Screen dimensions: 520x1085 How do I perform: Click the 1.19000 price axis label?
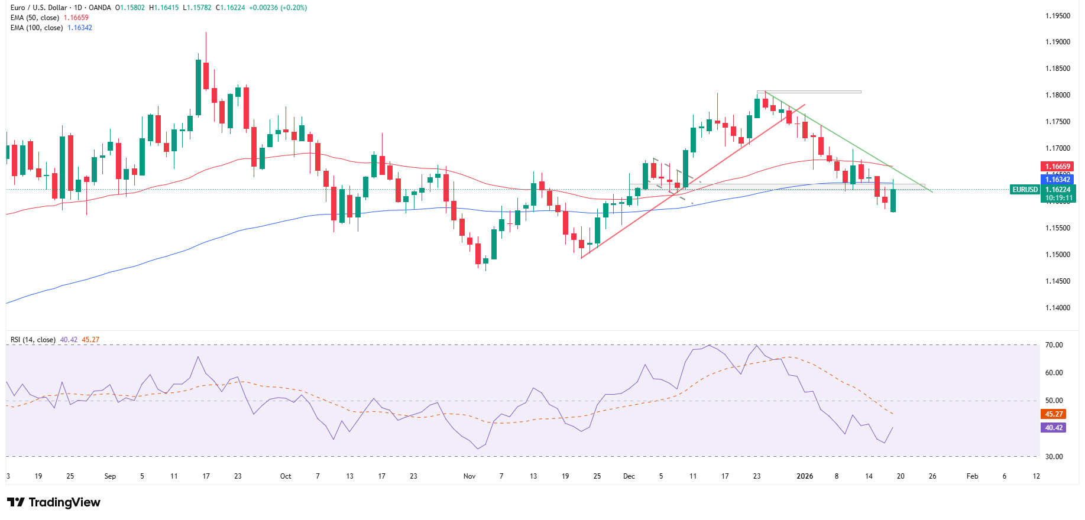pyautogui.click(x=1057, y=42)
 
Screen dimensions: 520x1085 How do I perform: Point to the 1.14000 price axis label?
pyautogui.click(x=1057, y=308)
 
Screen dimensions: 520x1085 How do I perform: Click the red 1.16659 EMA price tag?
pyautogui.click(x=1057, y=167)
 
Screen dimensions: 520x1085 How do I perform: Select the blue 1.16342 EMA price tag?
pyautogui.click(x=1057, y=180)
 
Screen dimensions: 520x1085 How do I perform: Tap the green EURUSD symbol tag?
pyautogui.click(x=1025, y=190)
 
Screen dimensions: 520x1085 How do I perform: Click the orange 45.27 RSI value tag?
pyautogui.click(x=1054, y=414)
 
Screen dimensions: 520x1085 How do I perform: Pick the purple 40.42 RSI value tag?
pyautogui.click(x=1054, y=428)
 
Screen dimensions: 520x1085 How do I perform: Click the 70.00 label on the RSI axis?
pyautogui.click(x=1054, y=345)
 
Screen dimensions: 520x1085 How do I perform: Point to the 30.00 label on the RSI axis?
pyautogui.click(x=1054, y=457)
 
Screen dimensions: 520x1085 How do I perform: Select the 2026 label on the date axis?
pyautogui.click(x=805, y=476)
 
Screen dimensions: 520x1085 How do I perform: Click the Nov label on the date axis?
pyautogui.click(x=469, y=476)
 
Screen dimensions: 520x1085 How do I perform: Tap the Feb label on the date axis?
pyautogui.click(x=972, y=476)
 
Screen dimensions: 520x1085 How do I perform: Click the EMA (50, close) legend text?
pyautogui.click(x=35, y=18)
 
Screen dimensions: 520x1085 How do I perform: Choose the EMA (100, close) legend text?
pyautogui.click(x=37, y=28)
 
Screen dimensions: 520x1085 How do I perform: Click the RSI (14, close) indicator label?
pyautogui.click(x=33, y=340)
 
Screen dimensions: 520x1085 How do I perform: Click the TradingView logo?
pyautogui.click(x=54, y=502)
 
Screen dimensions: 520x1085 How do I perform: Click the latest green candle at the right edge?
pyautogui.click(x=893, y=200)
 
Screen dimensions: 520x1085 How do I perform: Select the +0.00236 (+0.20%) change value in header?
pyautogui.click(x=277, y=8)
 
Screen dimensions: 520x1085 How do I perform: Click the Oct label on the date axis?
pyautogui.click(x=286, y=476)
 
